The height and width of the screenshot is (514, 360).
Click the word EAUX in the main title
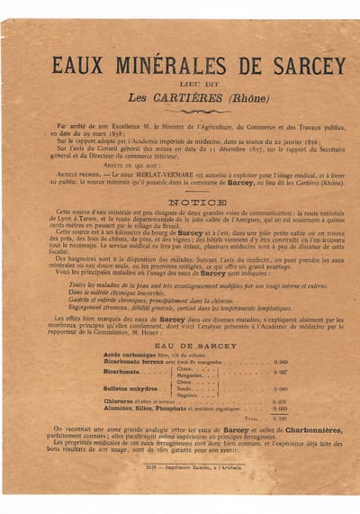pos(77,65)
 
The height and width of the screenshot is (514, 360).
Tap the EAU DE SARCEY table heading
pos(184,346)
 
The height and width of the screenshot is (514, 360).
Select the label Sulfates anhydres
pos(130,388)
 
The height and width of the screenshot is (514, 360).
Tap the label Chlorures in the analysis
pos(119,401)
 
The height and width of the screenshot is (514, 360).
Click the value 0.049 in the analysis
pos(280,361)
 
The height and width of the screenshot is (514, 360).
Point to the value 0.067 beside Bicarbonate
pos(280,371)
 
